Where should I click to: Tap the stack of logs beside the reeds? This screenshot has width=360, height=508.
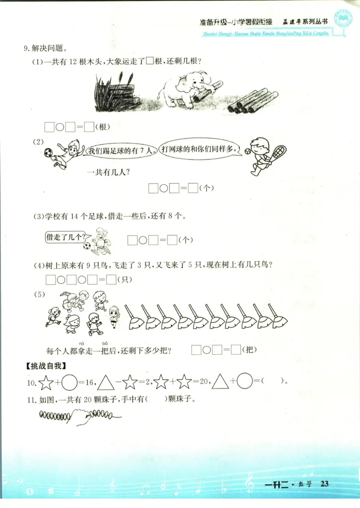click(121, 97)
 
